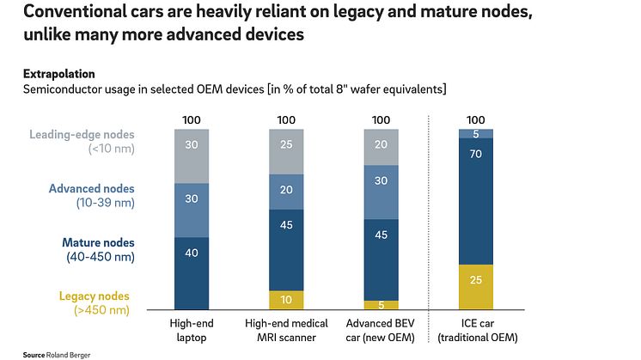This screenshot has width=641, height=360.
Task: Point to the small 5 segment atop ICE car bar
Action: (475, 134)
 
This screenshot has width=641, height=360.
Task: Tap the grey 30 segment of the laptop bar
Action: (192, 156)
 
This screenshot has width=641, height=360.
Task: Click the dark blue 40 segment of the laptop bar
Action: (192, 272)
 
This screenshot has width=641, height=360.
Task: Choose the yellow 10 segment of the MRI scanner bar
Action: (287, 299)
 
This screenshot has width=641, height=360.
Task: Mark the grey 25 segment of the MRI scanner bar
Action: (287, 151)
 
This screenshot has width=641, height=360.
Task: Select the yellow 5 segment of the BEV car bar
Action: (381, 304)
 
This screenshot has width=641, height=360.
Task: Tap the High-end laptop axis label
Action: (192, 329)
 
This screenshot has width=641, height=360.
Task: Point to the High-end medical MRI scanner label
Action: (287, 329)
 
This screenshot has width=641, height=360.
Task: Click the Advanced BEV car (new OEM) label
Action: (381, 329)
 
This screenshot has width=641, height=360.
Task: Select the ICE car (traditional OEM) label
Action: (475, 329)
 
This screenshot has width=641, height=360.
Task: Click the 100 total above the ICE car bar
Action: (475, 119)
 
